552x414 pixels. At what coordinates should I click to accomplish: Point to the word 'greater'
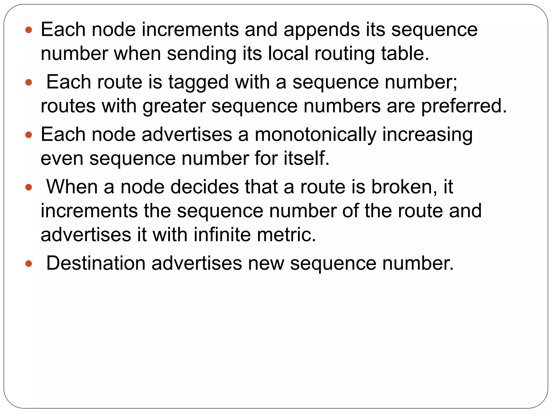tap(174, 106)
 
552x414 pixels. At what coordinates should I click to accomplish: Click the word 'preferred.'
tap(464, 106)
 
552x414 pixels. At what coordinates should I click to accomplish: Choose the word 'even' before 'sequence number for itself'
tap(62, 158)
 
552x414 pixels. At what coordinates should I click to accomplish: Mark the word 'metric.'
tap(286, 235)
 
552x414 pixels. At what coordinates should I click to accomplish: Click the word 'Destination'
tap(96, 263)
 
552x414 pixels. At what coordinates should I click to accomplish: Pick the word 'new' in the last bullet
tap(266, 263)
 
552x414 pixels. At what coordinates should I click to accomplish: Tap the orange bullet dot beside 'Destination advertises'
tap(29, 264)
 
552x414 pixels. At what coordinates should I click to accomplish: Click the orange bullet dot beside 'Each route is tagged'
tap(29, 82)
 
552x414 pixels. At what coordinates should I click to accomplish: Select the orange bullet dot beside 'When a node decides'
tap(29, 187)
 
